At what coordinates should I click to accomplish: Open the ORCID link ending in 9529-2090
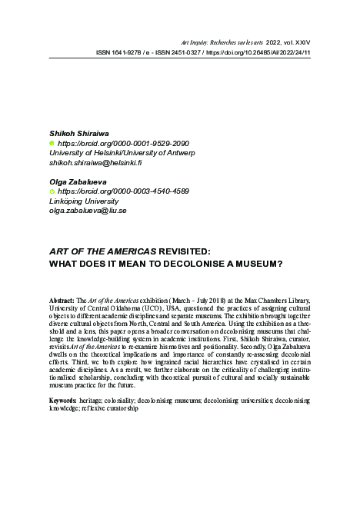122,143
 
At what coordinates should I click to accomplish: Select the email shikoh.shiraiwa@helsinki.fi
95,163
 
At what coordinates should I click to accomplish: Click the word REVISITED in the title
189,251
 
